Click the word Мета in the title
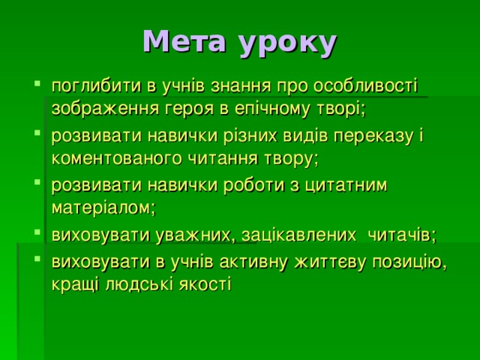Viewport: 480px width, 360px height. [x=183, y=42]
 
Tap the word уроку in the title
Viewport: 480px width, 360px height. [x=287, y=43]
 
